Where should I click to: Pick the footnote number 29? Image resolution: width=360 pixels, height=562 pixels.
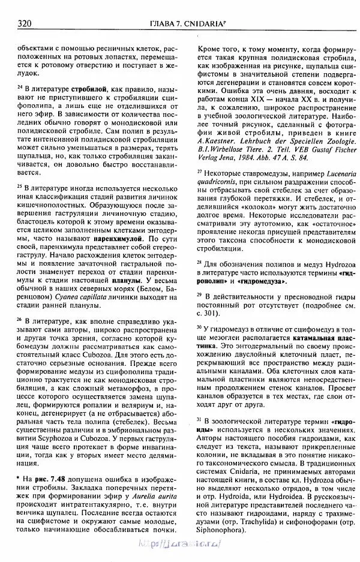click(200, 295)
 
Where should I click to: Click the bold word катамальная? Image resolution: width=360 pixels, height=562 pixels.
click(304, 338)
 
